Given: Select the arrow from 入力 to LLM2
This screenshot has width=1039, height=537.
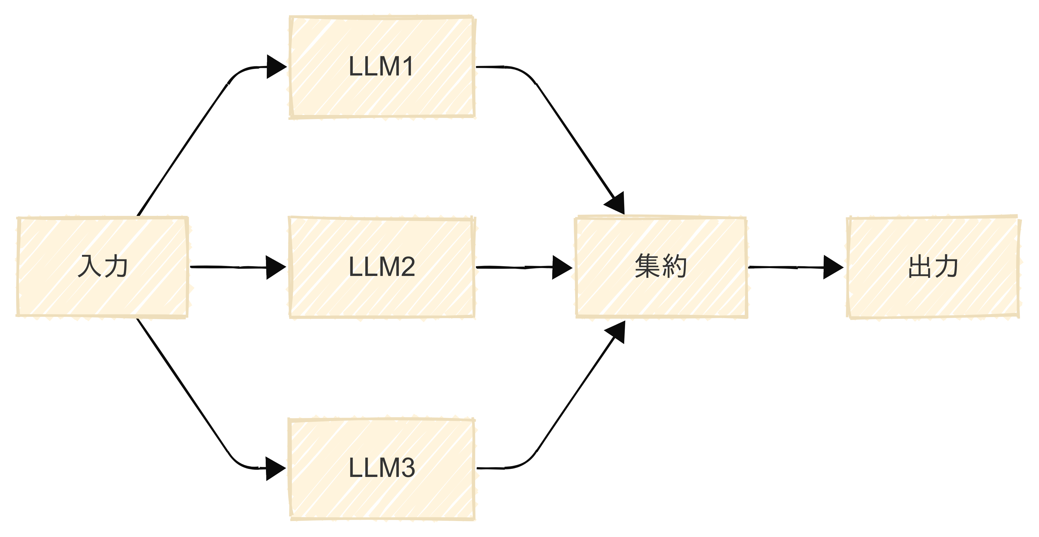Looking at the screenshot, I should click(x=230, y=267).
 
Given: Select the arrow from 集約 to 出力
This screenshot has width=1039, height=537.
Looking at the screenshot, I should click(x=787, y=267).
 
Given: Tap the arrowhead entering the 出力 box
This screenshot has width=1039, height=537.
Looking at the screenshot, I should click(x=833, y=267).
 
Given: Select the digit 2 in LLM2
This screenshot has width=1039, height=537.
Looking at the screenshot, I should click(x=406, y=267).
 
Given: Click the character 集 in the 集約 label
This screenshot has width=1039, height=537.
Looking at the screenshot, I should click(x=648, y=266).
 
